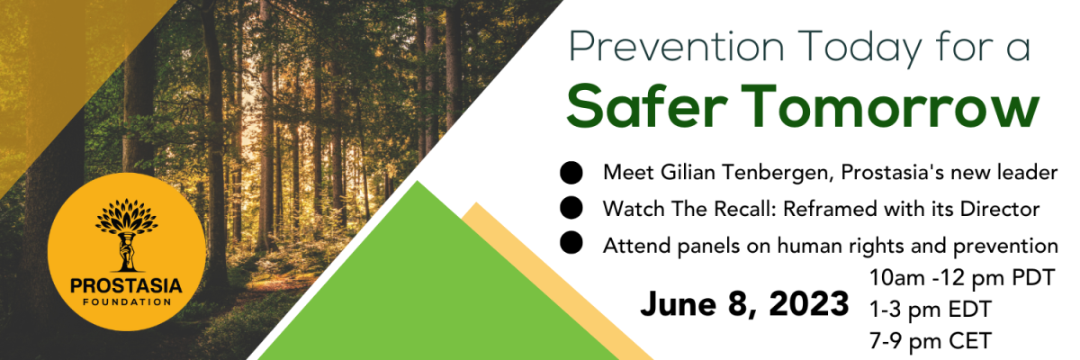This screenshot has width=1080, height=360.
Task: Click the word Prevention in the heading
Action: (677, 47)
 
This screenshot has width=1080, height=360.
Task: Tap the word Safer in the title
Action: (646, 106)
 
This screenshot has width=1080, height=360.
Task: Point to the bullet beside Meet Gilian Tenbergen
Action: (571, 173)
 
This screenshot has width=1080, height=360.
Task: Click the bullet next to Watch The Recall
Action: (571, 208)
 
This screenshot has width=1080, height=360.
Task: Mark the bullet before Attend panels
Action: (571, 242)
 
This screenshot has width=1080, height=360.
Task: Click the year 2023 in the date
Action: (808, 303)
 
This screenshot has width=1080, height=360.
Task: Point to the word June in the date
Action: (678, 304)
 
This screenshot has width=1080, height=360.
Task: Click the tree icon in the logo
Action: (126, 235)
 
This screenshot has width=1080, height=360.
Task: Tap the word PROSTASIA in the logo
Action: (126, 286)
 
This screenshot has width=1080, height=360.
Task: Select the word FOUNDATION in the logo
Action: (127, 302)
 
